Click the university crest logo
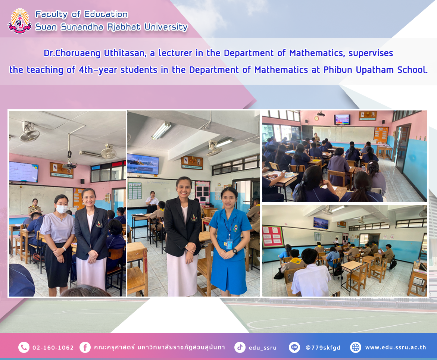pos(19,21)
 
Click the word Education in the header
pos(106,14)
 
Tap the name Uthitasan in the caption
pos(125,53)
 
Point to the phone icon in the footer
pos(24,347)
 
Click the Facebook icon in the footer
pos(85,347)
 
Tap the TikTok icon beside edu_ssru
pos(240,347)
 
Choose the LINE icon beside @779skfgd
pos(294,347)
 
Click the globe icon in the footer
pos(356,347)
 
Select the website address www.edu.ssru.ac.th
pos(396,347)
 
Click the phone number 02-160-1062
pos(53,348)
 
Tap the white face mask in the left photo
pos(62,209)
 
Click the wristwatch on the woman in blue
pos(235,251)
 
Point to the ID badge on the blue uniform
pos(229,244)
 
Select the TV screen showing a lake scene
pos(143,164)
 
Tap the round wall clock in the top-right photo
pos(316,118)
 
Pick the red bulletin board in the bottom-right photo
pos(272,237)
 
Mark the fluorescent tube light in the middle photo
pos(161,131)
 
